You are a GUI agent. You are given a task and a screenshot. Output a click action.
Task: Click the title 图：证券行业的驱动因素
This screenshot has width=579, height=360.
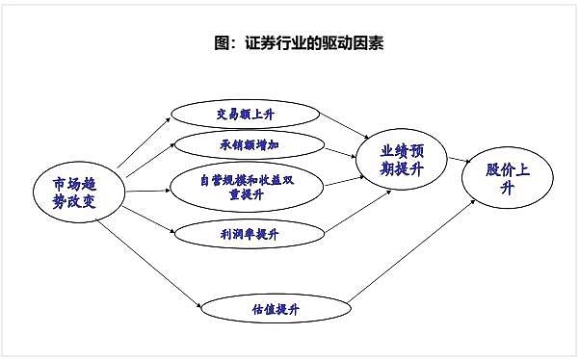coord(299,42)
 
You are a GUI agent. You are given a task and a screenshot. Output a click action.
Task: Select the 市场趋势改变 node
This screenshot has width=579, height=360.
coord(79,192)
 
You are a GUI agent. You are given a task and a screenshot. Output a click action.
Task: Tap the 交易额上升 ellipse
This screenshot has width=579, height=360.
coord(246,115)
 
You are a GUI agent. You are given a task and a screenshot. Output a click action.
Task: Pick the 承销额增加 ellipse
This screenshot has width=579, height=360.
coord(250,145)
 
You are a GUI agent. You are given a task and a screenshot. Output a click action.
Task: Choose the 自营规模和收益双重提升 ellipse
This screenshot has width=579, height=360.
coord(247,187)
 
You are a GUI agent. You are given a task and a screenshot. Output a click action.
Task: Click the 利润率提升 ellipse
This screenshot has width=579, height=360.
coord(250,234)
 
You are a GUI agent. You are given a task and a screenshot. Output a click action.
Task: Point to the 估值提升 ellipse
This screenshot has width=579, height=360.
coord(276,309)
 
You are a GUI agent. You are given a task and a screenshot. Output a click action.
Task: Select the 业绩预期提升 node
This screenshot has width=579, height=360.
coord(402,160)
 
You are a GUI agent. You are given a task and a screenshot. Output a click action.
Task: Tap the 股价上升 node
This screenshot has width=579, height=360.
coord(508,178)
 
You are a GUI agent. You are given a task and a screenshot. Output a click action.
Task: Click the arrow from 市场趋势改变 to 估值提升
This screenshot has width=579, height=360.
coord(148,264)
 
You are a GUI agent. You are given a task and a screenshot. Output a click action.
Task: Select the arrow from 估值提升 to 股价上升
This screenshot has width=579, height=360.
coord(411,251)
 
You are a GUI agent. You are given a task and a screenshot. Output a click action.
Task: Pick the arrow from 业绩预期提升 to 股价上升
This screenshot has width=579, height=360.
coord(459,160)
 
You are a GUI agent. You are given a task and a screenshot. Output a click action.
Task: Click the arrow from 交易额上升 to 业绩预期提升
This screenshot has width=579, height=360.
coord(344,126)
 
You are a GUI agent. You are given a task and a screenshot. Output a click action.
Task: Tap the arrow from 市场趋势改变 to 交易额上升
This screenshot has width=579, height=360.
coord(144,143)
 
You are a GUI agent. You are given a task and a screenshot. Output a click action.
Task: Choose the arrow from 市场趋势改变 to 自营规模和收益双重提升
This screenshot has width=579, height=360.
coord(148,191)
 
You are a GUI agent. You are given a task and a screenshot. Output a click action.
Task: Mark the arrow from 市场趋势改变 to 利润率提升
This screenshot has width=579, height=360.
coord(148,219)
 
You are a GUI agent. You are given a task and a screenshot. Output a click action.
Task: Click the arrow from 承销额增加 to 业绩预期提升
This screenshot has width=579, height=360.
coord(340,153)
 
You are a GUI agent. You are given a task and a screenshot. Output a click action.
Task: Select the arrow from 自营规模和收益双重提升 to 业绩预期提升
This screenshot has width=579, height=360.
coord(344,181)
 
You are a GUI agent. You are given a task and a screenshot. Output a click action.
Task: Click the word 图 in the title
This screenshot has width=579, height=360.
coord(222,42)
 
